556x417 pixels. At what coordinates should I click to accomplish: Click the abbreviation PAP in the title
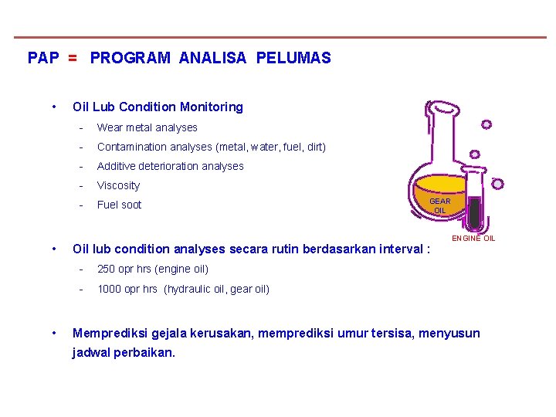[x=42, y=58]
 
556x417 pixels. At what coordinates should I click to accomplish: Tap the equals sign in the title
[x=72, y=58]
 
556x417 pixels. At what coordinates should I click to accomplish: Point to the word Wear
[x=110, y=127]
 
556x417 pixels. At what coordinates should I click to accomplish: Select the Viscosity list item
[x=118, y=185]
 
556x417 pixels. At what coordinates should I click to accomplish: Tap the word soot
[x=131, y=205]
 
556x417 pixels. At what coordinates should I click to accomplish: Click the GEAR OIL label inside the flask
[x=439, y=205]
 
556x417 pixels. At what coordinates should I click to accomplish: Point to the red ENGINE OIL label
[x=473, y=239]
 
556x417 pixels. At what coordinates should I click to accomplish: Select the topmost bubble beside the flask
[x=486, y=124]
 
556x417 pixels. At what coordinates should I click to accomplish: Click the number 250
[x=107, y=270]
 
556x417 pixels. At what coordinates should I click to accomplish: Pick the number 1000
[x=110, y=290]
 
